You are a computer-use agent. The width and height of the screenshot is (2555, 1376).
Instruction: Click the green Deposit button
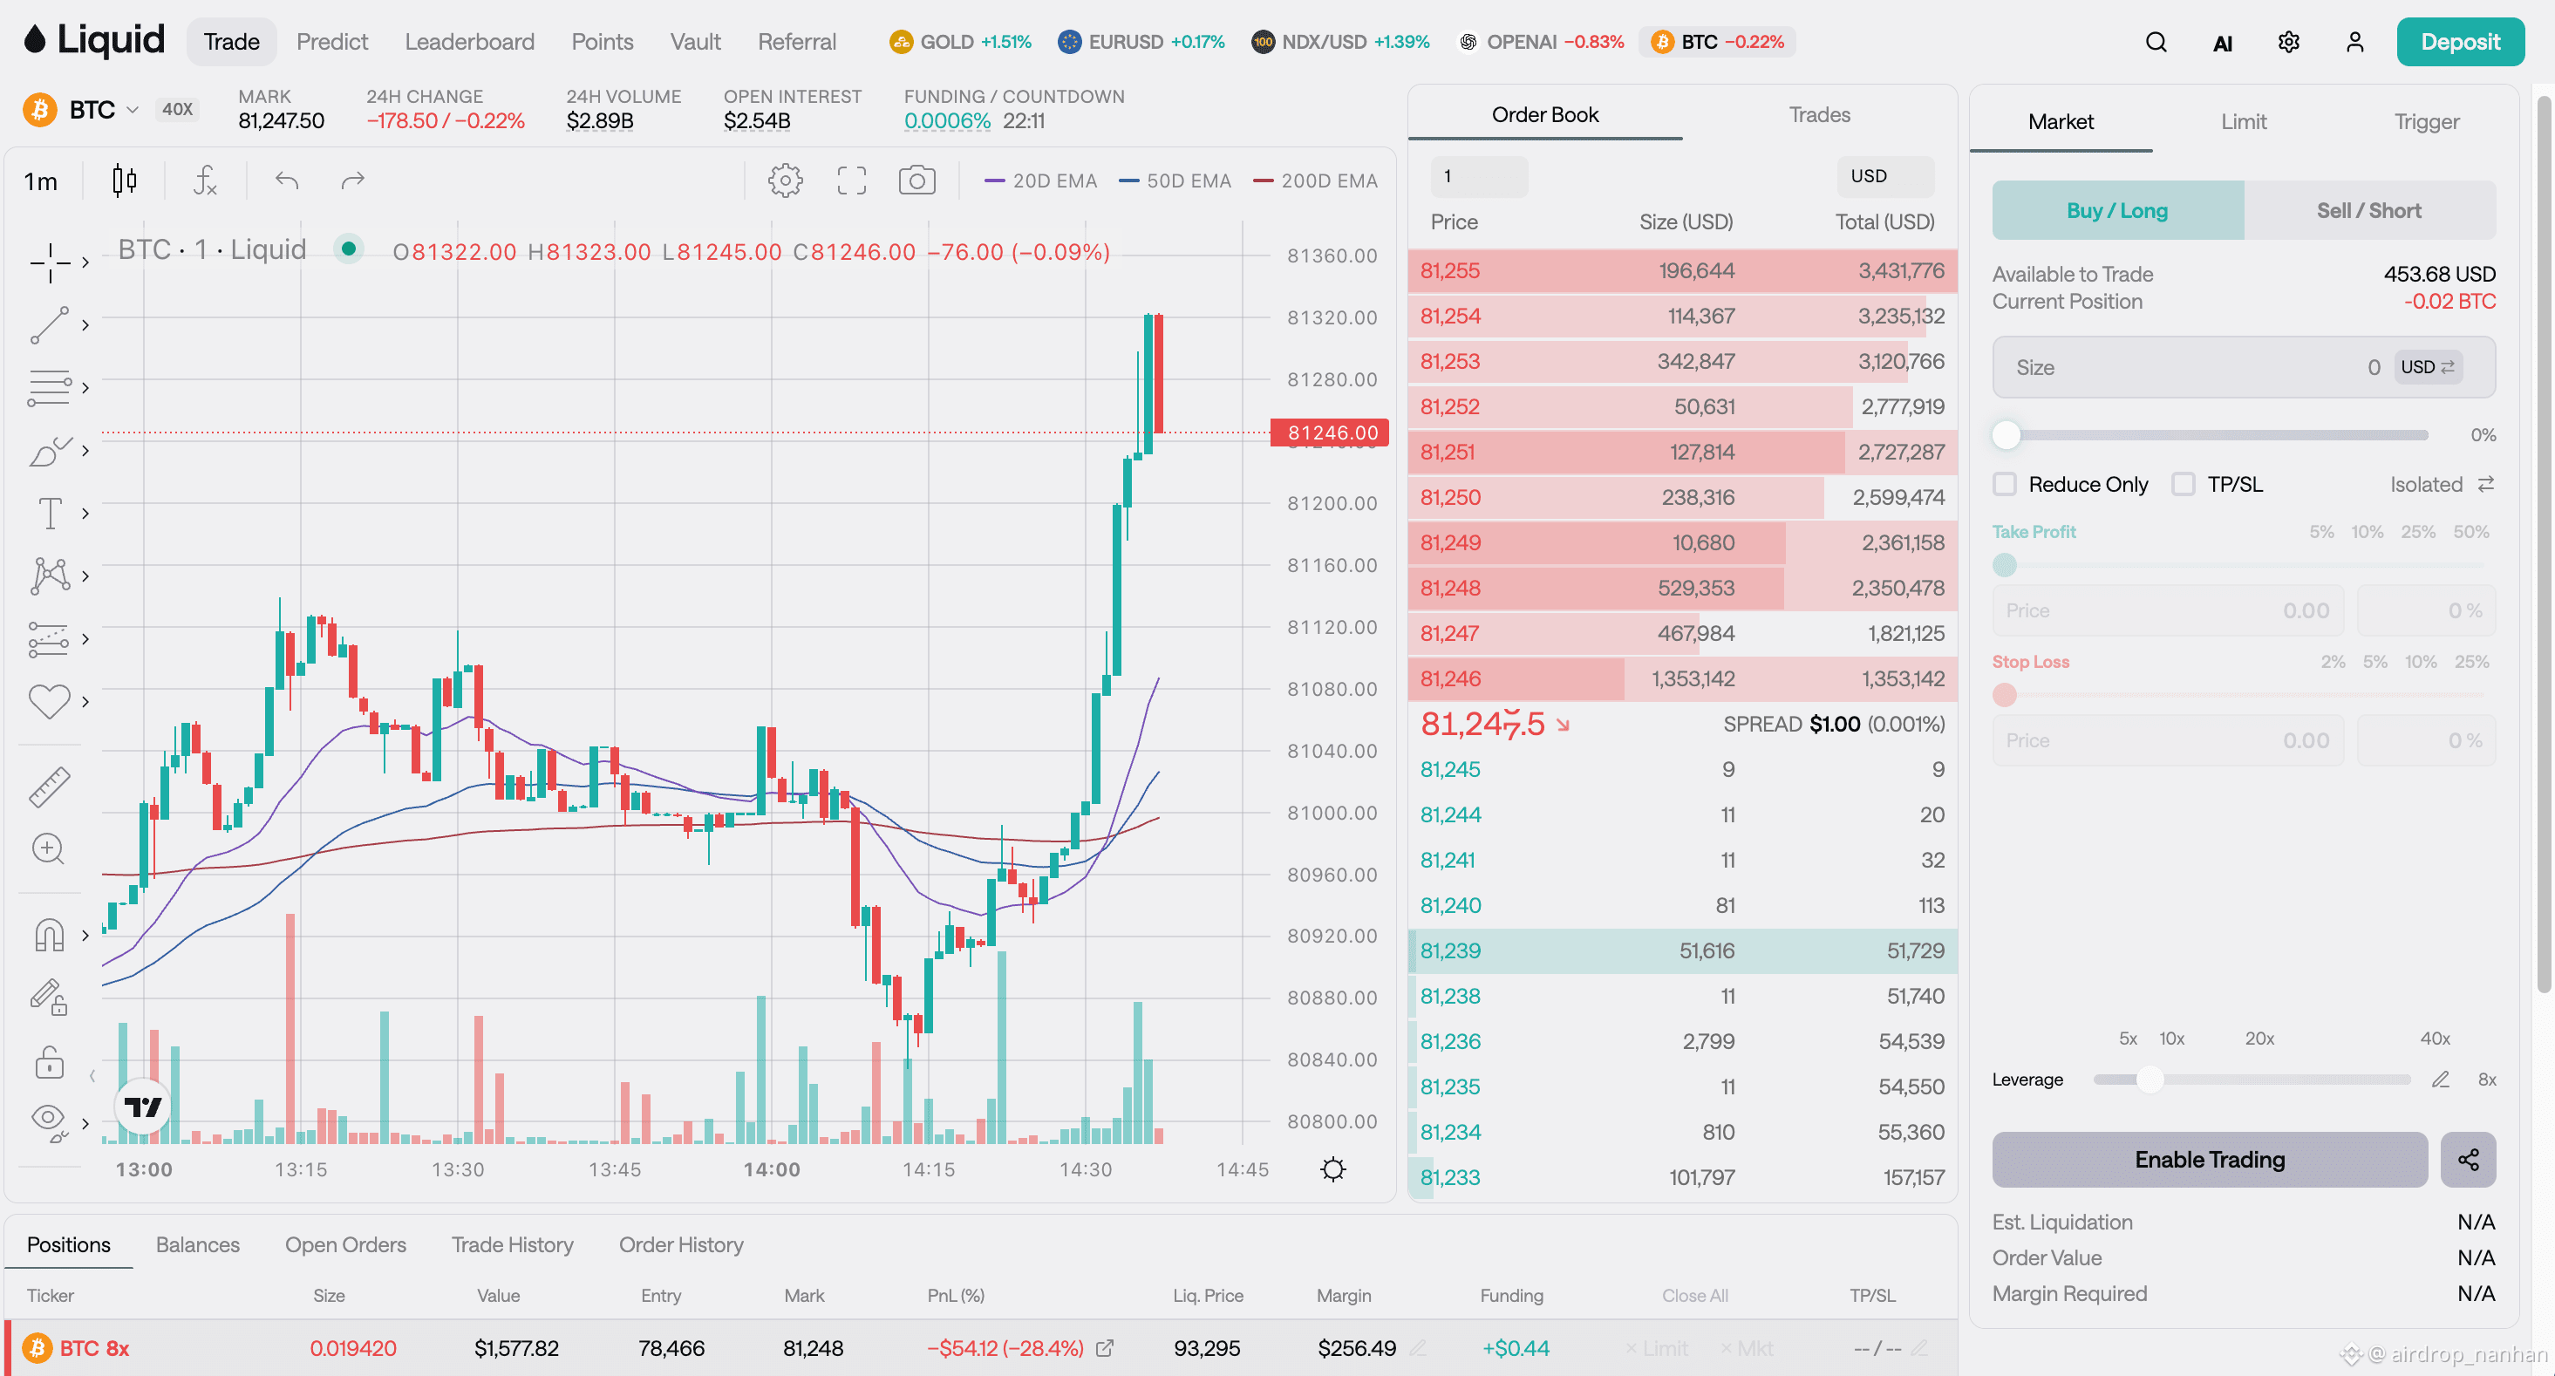click(2460, 42)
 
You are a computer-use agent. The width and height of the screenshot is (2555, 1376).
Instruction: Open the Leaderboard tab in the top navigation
click(469, 42)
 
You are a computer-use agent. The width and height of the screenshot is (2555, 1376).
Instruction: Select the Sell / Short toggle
click(2368, 210)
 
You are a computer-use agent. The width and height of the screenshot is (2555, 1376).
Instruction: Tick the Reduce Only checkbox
click(2005, 484)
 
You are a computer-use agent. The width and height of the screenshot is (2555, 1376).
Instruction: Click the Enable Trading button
click(2210, 1160)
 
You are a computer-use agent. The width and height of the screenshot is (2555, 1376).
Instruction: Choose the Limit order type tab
click(2244, 121)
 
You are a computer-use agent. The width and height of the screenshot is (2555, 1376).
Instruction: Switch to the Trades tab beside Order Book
click(1819, 114)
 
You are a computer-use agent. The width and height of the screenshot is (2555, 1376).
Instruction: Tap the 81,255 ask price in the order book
click(1449, 271)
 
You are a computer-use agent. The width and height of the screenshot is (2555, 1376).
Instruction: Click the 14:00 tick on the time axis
click(772, 1169)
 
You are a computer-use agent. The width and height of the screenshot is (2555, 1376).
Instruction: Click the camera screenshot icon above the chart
click(916, 181)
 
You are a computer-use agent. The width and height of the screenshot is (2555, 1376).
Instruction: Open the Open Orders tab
click(345, 1245)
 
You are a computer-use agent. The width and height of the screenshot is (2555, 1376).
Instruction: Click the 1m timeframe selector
click(41, 181)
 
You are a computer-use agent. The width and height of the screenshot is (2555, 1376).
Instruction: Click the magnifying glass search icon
click(2156, 42)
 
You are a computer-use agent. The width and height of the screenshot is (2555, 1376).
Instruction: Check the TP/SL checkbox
click(2183, 484)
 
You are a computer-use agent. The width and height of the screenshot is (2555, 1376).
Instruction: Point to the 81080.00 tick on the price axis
click(1331, 689)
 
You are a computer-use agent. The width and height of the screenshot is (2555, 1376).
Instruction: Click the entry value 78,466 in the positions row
click(671, 1348)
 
